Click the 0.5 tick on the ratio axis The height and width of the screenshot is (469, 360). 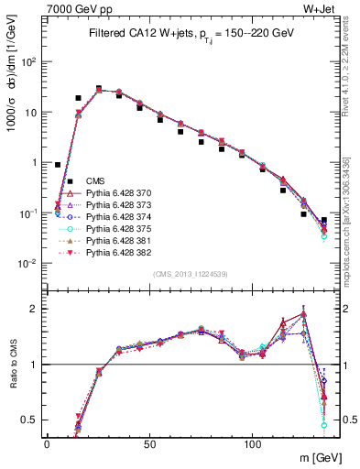pyautogui.click(x=33, y=420)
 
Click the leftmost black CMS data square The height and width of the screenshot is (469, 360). pyautogui.click(x=58, y=165)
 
